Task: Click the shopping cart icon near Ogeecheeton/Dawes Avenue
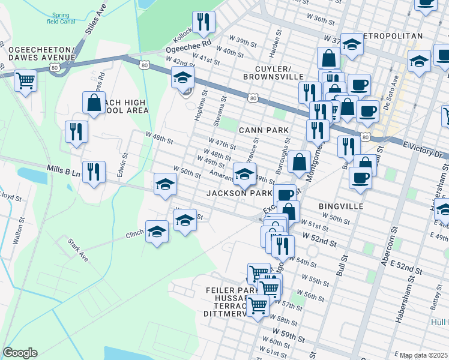(25, 79)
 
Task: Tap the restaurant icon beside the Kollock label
(203, 22)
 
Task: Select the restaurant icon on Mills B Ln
(94, 172)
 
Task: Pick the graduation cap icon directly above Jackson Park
(244, 173)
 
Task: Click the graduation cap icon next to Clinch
(157, 231)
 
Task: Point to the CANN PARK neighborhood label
(264, 130)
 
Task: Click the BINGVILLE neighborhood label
(342, 206)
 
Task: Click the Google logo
(19, 353)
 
